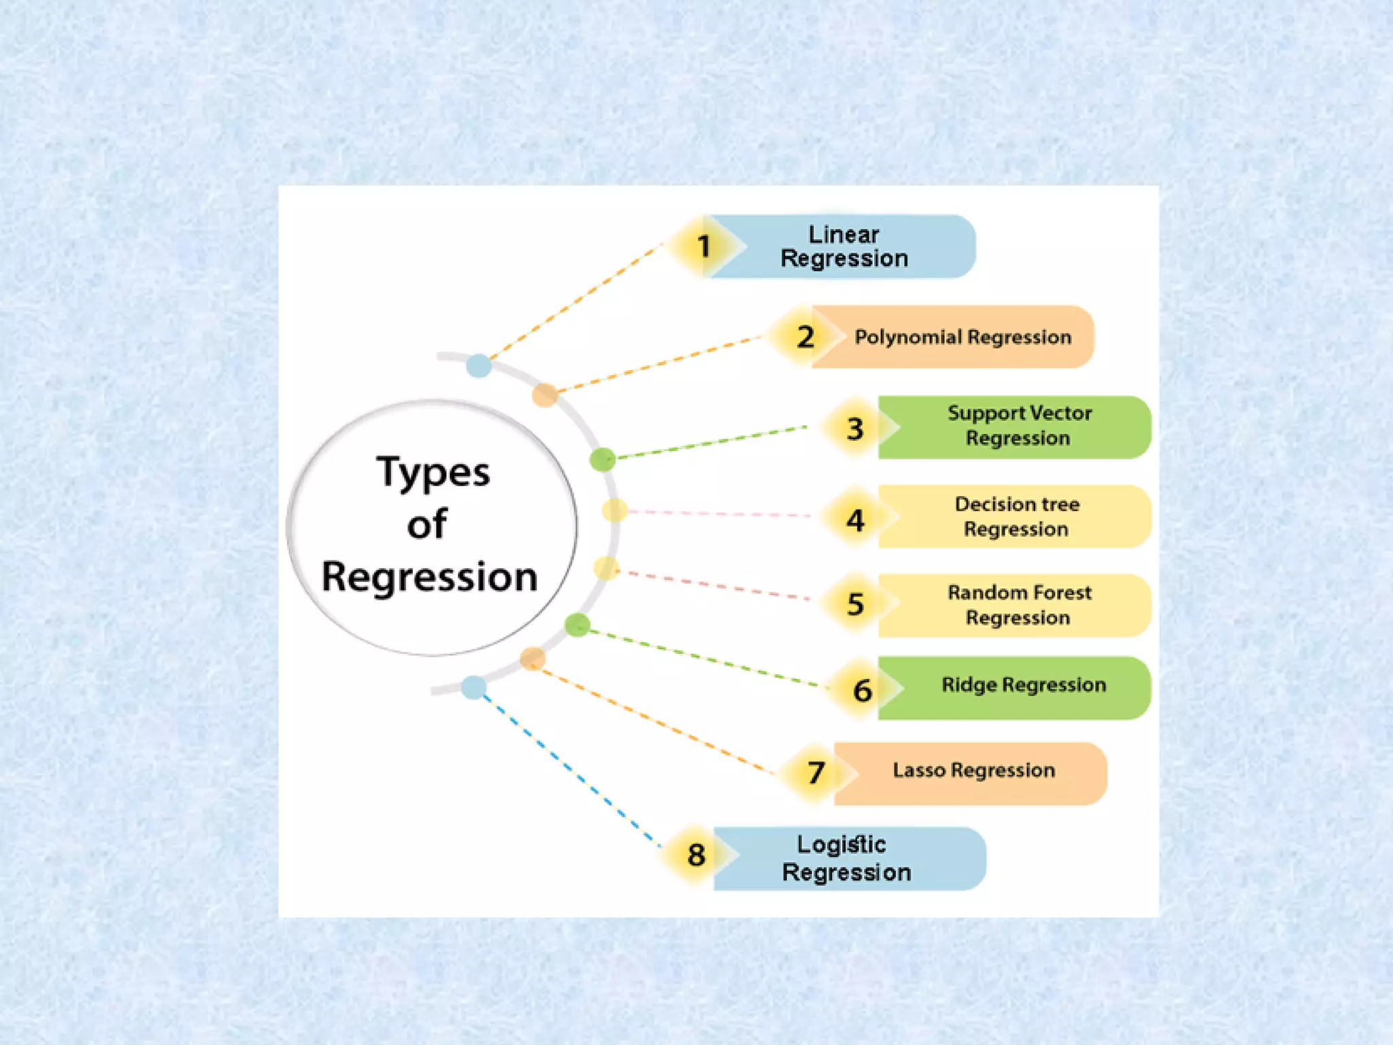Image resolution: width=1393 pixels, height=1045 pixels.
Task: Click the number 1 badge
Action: coord(703,246)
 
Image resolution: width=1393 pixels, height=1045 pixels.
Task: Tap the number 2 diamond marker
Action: coord(805,337)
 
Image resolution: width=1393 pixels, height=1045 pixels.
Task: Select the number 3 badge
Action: coord(855,429)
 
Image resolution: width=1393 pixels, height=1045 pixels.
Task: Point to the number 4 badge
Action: coord(855,520)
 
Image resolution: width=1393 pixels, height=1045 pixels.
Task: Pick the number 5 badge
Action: coord(855,604)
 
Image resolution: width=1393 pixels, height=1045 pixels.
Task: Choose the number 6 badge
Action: coord(862,691)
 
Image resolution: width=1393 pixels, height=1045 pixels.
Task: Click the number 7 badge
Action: coord(816,773)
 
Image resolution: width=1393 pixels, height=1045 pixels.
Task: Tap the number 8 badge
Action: coord(696,855)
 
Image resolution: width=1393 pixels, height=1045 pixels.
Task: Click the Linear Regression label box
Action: coord(843,246)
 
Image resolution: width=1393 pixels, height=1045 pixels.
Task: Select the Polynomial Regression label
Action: coord(962,337)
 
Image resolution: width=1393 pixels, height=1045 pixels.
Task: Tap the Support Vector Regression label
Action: coord(1018,426)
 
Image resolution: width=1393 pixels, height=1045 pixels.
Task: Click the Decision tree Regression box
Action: coord(1017,517)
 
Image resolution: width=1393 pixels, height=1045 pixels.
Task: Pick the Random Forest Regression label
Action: coord(1018,605)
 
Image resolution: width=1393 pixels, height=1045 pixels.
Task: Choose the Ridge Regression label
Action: coord(1023,685)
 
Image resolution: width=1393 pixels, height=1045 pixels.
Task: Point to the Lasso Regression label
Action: coord(973,771)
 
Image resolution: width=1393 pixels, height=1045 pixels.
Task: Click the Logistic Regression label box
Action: coord(846,859)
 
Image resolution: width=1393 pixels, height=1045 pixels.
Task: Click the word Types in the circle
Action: coord(433,472)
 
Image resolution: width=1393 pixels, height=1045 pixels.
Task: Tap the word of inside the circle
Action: coord(427,525)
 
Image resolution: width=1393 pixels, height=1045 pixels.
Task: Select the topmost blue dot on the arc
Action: coord(479,365)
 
